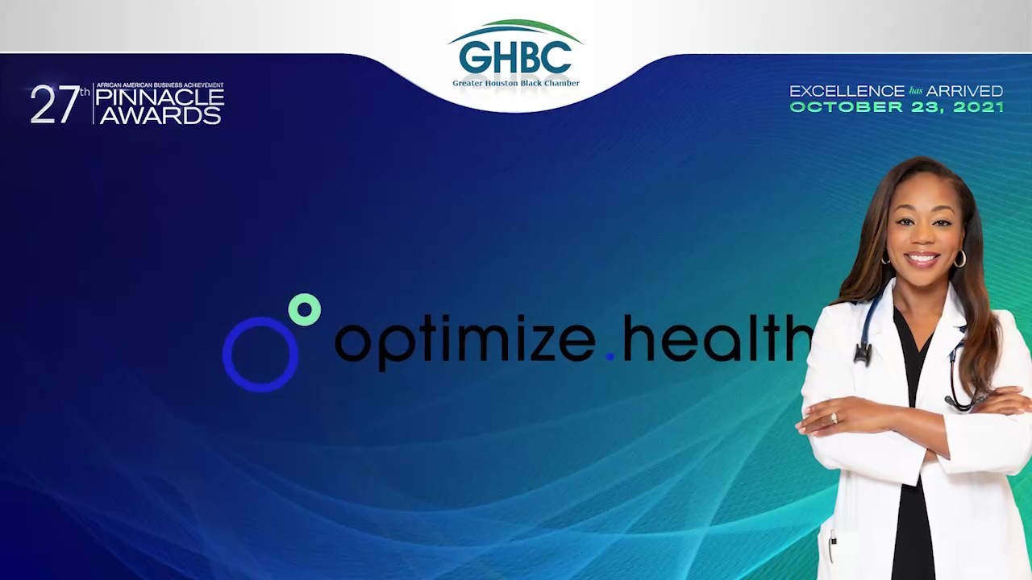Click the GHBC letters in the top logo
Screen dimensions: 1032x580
click(515, 57)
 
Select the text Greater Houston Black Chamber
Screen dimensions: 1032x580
click(516, 83)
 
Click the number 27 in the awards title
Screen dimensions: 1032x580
click(54, 104)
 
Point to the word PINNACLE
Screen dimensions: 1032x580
click(160, 97)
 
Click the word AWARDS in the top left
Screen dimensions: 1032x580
click(160, 115)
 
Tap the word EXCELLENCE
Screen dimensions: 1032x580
click(847, 91)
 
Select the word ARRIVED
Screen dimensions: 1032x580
click(965, 91)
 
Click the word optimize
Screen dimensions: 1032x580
click(464, 342)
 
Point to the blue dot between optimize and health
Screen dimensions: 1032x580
click(610, 356)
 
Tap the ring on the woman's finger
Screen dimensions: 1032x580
click(834, 418)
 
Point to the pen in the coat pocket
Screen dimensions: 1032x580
click(833, 545)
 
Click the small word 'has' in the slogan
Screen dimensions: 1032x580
click(916, 91)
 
